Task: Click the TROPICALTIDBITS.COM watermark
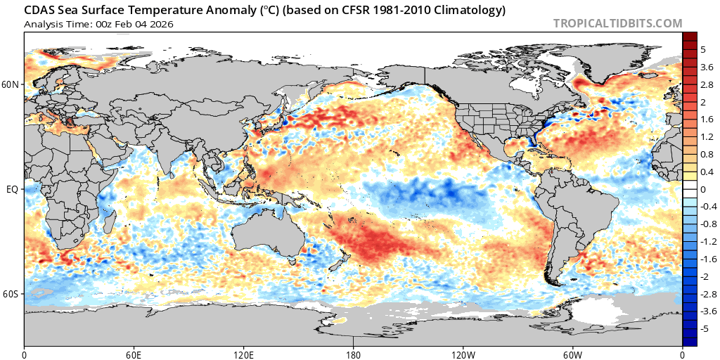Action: tap(617, 23)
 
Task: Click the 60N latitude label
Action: tap(11, 84)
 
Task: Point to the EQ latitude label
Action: tap(12, 189)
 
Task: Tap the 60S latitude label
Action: tap(11, 294)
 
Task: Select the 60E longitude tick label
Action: tap(134, 352)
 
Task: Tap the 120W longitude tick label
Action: tap(463, 352)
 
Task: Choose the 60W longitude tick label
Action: tap(572, 352)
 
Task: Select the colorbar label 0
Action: tap(702, 189)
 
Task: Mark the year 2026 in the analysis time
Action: tap(162, 24)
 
